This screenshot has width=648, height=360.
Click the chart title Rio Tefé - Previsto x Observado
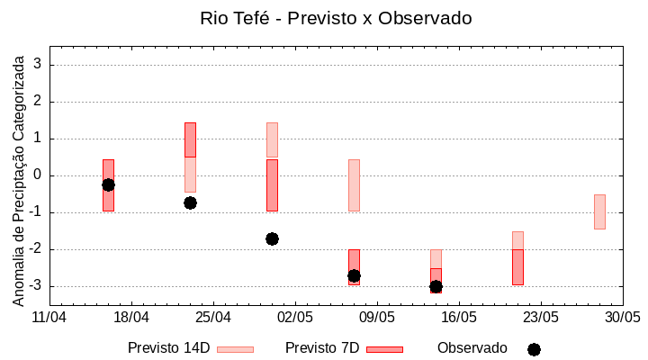tap(336, 18)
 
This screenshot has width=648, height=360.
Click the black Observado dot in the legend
tap(534, 349)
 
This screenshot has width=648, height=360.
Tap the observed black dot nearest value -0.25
tap(108, 184)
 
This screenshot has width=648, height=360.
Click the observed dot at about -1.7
tap(272, 238)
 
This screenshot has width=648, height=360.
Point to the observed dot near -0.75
tap(190, 202)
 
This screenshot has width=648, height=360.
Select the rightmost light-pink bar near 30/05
tap(599, 211)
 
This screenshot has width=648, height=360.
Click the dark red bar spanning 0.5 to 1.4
tap(190, 139)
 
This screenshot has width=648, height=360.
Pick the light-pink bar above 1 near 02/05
tap(272, 139)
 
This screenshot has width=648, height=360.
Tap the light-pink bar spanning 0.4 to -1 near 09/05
tap(354, 185)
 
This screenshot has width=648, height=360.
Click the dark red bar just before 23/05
tap(517, 267)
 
